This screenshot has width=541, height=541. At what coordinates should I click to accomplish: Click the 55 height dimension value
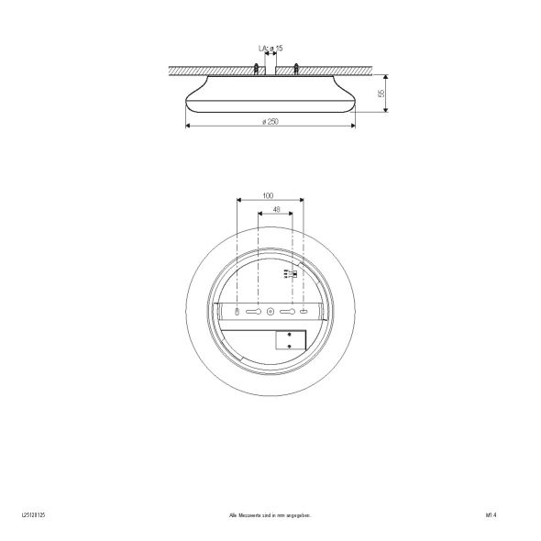click(381, 94)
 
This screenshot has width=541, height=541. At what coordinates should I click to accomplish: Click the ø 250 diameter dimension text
click(270, 122)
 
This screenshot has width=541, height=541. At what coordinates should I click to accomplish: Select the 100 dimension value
click(268, 196)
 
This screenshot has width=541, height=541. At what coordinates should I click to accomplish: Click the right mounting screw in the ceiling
click(296, 66)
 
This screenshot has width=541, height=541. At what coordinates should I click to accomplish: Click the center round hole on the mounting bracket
click(270, 313)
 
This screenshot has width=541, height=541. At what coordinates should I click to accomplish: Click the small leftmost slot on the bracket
click(237, 313)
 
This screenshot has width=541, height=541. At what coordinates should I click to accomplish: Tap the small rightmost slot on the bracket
click(304, 313)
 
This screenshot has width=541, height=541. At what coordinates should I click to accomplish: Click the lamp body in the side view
click(270, 96)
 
